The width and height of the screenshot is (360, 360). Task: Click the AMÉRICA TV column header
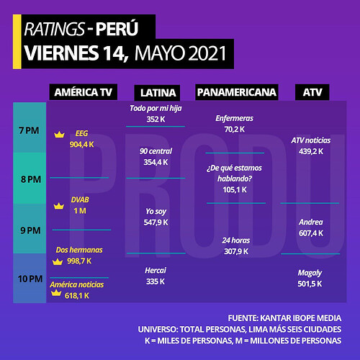coord(84,92)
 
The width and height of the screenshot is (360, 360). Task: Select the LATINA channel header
coord(158,93)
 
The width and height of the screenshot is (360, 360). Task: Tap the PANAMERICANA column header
coord(237,92)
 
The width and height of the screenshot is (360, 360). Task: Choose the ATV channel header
coord(312,92)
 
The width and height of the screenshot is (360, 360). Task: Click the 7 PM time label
coord(29,130)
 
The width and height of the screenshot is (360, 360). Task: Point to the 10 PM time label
coord(30,279)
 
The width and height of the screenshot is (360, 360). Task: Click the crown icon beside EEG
coord(59,135)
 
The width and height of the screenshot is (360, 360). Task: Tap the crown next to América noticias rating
coord(56,293)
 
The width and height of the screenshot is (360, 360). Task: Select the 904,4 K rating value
coord(81,145)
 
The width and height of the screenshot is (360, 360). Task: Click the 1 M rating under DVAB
coord(80,211)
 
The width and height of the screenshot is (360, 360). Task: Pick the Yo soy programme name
coord(156,212)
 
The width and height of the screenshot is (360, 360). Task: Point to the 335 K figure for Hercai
coord(156,282)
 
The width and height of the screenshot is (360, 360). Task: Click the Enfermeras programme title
coord(234,118)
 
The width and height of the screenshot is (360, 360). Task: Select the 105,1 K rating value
coord(235,190)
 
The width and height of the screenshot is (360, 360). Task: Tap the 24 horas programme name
coord(236,240)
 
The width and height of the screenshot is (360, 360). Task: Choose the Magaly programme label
coord(310,273)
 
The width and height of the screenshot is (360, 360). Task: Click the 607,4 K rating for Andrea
coord(311,233)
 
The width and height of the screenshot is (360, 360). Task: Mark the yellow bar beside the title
coord(17,42)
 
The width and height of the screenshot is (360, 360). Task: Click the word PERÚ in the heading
coord(117,28)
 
